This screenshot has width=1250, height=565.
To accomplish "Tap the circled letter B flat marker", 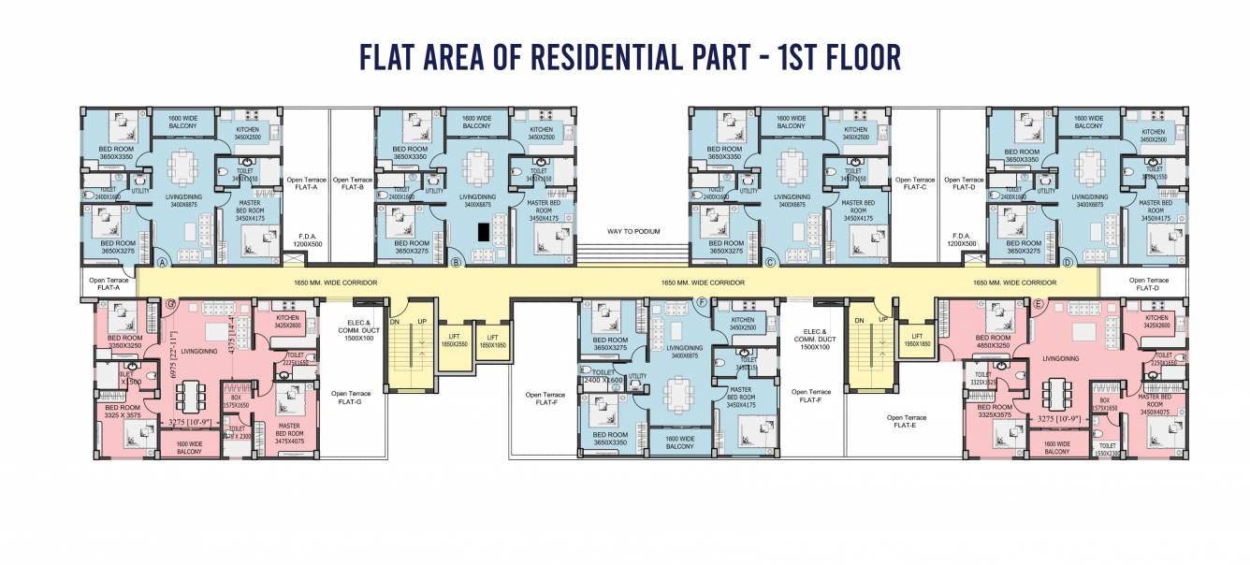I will click(457, 263).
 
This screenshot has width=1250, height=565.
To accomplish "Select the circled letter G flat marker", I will click(170, 304).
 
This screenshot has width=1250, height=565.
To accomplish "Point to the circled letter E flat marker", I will click(1038, 304).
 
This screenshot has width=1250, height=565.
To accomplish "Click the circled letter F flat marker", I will click(702, 303).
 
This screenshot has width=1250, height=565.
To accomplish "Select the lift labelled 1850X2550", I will click(454, 340).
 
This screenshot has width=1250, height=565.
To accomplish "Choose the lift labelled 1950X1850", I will click(917, 340).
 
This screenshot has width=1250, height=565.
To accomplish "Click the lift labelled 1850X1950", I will click(492, 341).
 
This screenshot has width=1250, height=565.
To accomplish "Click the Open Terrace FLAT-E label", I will click(907, 421).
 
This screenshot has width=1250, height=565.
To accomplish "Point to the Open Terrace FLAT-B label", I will click(353, 183).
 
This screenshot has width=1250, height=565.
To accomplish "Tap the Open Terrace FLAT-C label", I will click(914, 183).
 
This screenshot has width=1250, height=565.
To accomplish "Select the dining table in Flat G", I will click(190, 395).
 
